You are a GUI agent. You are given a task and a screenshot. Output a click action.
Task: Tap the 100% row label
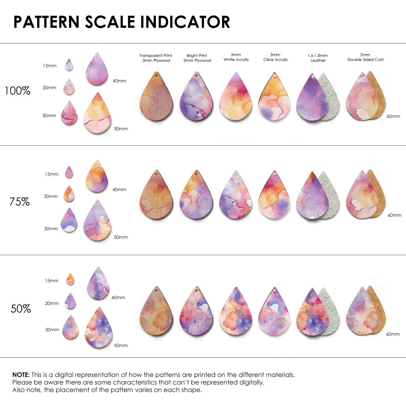click(17, 91)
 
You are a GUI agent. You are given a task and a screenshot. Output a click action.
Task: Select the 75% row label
click(19, 201)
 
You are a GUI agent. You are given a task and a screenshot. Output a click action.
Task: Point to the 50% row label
click(21, 309)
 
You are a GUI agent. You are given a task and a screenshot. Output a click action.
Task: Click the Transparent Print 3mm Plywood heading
click(155, 58)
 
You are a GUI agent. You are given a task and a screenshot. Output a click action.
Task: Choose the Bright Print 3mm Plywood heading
click(197, 58)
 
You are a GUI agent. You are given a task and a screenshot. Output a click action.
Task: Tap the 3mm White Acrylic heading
click(236, 57)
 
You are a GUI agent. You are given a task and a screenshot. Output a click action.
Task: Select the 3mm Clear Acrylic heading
click(275, 57)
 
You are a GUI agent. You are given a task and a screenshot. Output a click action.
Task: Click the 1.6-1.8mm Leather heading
click(318, 58)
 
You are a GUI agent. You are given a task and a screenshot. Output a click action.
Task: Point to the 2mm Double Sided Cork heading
click(365, 57)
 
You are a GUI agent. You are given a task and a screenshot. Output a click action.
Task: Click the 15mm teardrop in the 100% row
click(69, 65)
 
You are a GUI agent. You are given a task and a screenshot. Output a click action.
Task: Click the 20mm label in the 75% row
click(51, 197)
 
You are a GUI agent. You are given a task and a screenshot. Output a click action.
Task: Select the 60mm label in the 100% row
click(393, 117)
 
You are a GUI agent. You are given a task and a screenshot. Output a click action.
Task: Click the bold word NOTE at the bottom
click(20, 374)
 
